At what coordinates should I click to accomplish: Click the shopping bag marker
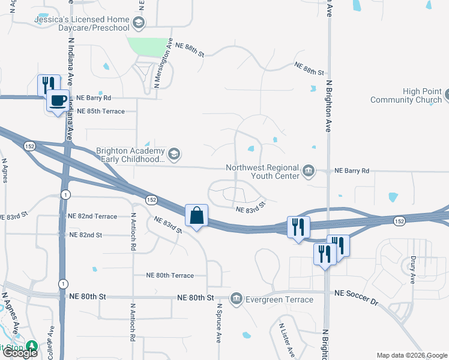(x=197, y=215)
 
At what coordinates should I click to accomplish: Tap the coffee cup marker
(x=58, y=101)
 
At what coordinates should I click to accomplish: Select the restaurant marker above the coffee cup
(x=48, y=85)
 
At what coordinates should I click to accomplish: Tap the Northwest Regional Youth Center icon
(x=308, y=171)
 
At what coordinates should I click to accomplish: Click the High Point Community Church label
(x=406, y=95)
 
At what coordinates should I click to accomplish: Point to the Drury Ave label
(x=413, y=271)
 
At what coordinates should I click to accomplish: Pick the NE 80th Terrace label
(x=170, y=275)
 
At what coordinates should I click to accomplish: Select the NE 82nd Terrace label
(x=92, y=216)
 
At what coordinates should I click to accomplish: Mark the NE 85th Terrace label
(x=100, y=112)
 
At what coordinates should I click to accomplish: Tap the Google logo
(x=20, y=353)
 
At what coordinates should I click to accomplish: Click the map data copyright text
(x=411, y=355)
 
